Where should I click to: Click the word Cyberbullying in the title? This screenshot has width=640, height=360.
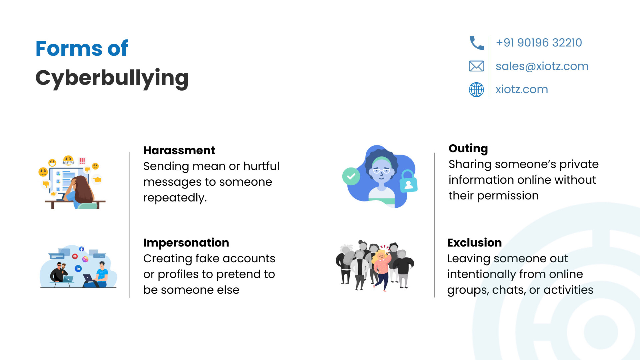coord(112,78)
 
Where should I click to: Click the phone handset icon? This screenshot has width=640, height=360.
coord(477,43)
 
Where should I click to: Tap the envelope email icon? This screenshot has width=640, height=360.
coord(476,66)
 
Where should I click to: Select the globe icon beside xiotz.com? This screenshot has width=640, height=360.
coord(476,90)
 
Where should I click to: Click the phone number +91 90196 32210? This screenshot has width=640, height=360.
coord(539,43)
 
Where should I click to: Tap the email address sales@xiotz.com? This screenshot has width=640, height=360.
coord(542,66)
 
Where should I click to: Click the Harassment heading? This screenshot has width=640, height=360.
coord(179,150)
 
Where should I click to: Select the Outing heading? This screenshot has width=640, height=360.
coord(468,149)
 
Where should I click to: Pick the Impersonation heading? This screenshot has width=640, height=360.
coord(186,243)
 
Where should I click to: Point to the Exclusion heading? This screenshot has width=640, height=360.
coord(474,243)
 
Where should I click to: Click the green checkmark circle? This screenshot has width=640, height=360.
coord(351,176)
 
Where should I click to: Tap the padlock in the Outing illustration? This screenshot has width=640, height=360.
coord(408,181)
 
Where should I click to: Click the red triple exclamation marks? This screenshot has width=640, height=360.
coord(82,161)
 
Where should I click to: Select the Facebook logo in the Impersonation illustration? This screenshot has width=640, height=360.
coord(81,249)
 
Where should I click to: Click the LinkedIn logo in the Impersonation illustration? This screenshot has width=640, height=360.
coord(78,268)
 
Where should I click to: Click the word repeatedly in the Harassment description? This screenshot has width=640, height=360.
coord(175,198)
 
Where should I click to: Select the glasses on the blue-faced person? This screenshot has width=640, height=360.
coord(381,171)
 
